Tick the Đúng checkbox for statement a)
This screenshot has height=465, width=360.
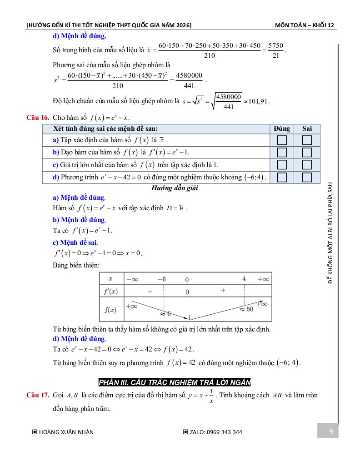tap(282, 140)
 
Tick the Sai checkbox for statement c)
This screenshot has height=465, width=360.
tap(307, 164)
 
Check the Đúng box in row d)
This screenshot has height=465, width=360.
tap(282, 177)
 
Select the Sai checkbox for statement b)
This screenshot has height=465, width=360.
tap(307, 153)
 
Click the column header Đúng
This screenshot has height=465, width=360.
tap(282, 129)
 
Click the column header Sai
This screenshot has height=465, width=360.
tap(307, 129)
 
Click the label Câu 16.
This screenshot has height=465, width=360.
tap(38, 118)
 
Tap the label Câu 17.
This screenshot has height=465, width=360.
tap(38, 395)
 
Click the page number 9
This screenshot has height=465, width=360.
tap(330, 431)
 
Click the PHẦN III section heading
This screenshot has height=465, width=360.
tap(175, 382)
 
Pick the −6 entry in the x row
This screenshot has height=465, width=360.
tap(161, 279)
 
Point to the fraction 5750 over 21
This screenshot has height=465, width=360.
tap(275, 50)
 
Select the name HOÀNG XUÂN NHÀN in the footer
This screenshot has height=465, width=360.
tap(66, 432)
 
